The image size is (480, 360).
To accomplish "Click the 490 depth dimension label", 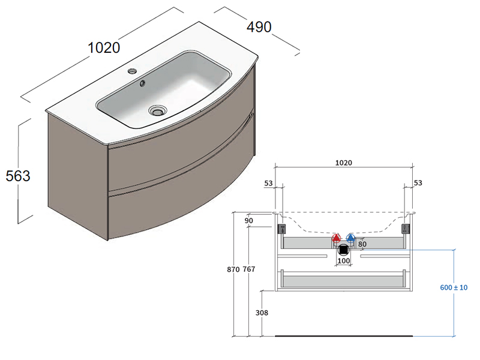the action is point(259,27).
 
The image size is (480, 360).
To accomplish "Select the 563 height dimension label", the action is point(18,176).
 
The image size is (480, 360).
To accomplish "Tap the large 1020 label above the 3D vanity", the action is point(104,48).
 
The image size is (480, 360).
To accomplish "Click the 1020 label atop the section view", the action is point(343,163).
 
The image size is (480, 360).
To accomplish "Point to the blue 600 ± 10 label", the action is point(454,287).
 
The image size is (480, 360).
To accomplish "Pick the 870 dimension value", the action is point(233,269).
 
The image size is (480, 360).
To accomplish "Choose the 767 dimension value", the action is point(249,269).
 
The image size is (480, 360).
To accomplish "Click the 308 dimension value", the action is point(262,313).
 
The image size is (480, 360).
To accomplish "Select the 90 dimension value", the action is point(249,220).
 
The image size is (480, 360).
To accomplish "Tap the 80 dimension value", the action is point(362,244).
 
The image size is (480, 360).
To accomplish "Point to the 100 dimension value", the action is point(343,260).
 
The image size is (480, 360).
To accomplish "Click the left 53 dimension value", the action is point(268,183).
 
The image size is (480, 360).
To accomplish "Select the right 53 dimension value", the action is point(418,183).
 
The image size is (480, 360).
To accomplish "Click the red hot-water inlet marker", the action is point(336,238).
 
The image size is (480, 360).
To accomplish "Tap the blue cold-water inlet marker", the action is point(350,238).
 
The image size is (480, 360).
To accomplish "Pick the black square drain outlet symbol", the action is point(343,250).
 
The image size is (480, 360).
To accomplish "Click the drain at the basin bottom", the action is point(158,110).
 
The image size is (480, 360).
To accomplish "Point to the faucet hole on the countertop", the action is point(133,71).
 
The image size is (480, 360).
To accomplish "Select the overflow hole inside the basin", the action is point(142,83).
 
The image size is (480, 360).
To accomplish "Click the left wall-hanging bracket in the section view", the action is point(281,229).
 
